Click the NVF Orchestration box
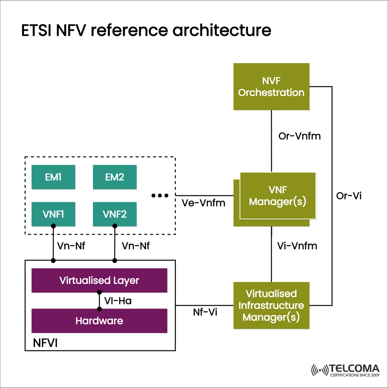(271, 87)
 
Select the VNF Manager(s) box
(277, 196)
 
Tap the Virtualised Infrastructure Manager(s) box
(271, 305)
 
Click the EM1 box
(53, 177)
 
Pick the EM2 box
(114, 177)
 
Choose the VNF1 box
(53, 214)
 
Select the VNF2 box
(114, 214)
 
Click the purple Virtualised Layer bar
(99, 280)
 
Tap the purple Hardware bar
(99, 321)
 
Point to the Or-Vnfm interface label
(300, 137)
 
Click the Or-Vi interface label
(348, 196)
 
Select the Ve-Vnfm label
(203, 203)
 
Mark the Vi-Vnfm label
(297, 246)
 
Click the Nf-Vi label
(204, 312)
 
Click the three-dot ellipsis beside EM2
(159, 196)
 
